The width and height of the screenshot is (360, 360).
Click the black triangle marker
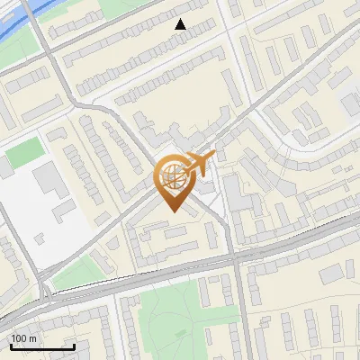[x=181, y=24]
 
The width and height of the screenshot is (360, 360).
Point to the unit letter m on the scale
[x=32, y=338]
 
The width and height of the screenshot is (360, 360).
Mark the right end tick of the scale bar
[x=74, y=346]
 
